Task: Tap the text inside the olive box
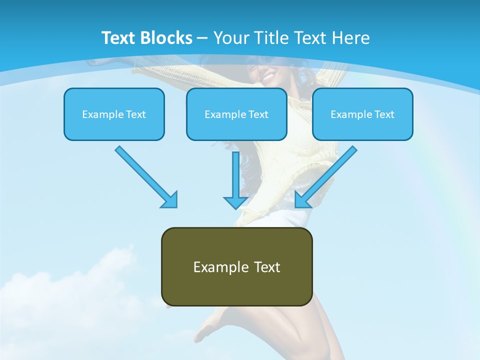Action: tap(236, 267)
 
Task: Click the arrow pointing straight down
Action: tap(235, 180)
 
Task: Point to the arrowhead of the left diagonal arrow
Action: tap(170, 200)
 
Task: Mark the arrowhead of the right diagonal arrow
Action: tap(302, 200)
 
